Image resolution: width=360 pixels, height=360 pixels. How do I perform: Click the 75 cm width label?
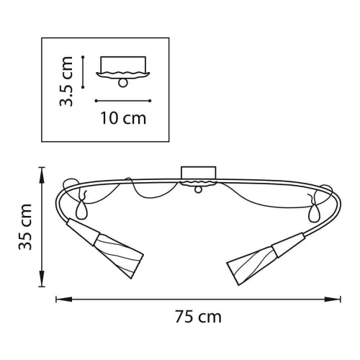[x=198, y=317]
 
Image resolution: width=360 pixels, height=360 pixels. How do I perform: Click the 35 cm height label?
[x=25, y=227]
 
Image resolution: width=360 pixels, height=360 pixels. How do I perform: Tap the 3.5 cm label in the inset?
[x=66, y=81]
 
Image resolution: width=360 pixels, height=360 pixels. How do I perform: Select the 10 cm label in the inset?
[x=123, y=118]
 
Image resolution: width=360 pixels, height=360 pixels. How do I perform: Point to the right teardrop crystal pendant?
[x=313, y=213]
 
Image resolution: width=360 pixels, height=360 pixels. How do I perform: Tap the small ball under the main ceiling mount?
[x=198, y=190]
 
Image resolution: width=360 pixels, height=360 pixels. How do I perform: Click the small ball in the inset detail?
[x=123, y=83]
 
